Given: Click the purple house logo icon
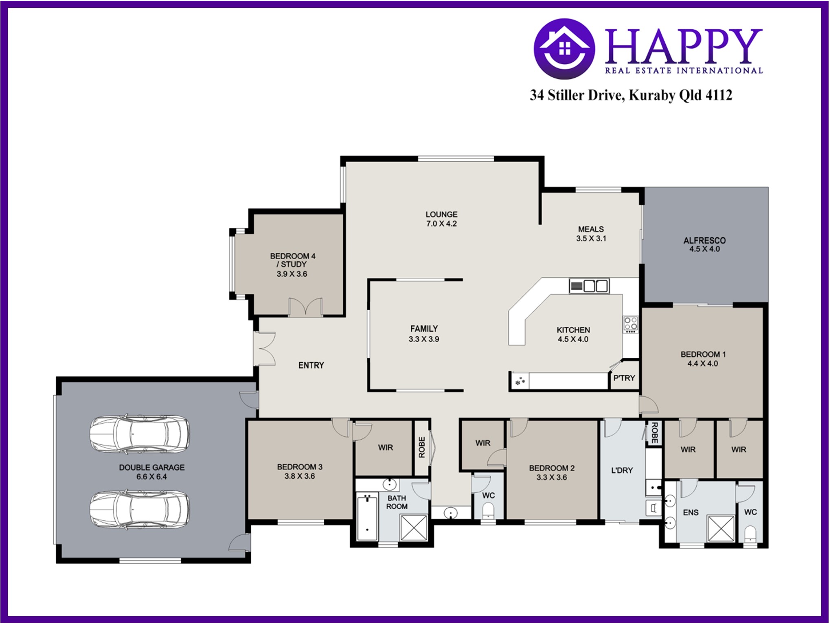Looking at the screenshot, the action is click(x=564, y=48).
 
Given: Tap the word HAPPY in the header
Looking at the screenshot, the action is click(x=684, y=46).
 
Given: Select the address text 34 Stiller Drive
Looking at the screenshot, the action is click(x=576, y=95).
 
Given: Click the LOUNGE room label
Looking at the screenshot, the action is click(x=441, y=214).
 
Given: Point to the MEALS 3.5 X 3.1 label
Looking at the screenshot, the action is click(x=591, y=234).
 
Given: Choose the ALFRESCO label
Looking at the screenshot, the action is click(x=704, y=241).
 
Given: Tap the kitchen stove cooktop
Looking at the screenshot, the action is click(x=630, y=325).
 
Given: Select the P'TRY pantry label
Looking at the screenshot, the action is click(x=624, y=378).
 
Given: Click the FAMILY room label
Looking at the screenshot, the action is click(x=424, y=328).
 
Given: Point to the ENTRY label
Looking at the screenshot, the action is click(x=311, y=366).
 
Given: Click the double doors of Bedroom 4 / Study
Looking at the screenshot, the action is click(x=305, y=307).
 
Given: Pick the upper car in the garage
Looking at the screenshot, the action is click(x=140, y=434).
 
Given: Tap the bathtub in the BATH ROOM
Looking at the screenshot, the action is click(x=367, y=517).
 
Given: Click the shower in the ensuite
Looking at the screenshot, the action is click(x=721, y=529).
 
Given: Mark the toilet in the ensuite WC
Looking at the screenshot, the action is click(x=750, y=534).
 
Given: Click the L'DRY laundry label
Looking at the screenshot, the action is click(x=622, y=471).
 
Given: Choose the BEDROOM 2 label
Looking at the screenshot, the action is click(x=552, y=468).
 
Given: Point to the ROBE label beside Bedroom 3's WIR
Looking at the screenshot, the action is click(x=422, y=447).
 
